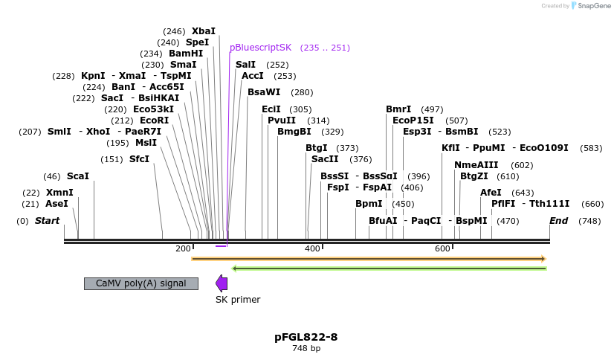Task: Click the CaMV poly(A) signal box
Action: pyautogui.click(x=141, y=283)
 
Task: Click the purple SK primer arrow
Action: pyautogui.click(x=222, y=283)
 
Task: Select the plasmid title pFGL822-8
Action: pyautogui.click(x=306, y=337)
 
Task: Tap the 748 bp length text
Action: pyautogui.click(x=306, y=348)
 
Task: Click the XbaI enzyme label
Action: pyautogui.click(x=203, y=31)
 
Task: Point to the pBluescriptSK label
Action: pyautogui.click(x=260, y=48)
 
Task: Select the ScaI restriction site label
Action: pyautogui.click(x=77, y=176)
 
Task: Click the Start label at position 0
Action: pyautogui.click(x=47, y=221)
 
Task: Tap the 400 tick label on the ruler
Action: pyautogui.click(x=312, y=248)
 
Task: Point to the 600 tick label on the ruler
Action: pyautogui.click(x=442, y=248)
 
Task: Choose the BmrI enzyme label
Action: pyautogui.click(x=398, y=109)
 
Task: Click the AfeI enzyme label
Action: pyautogui.click(x=491, y=193)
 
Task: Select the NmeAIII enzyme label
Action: pyautogui.click(x=476, y=165)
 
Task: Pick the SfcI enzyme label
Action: pyautogui.click(x=139, y=159)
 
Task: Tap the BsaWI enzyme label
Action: pyautogui.click(x=264, y=92)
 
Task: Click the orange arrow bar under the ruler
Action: pyautogui.click(x=368, y=259)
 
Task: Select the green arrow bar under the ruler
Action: pyautogui.click(x=389, y=269)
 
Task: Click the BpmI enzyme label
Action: pyautogui.click(x=369, y=204)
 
